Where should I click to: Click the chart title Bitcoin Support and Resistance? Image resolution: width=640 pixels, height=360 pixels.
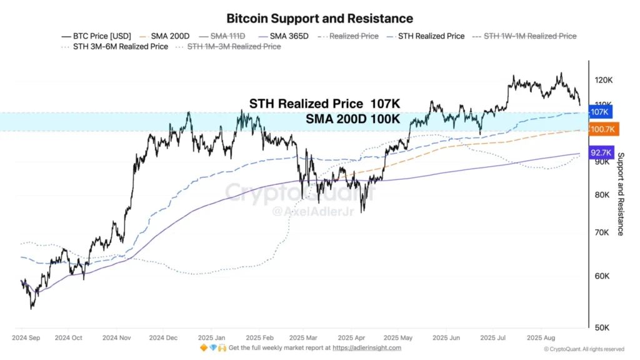click(319, 19)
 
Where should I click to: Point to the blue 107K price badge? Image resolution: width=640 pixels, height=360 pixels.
click(599, 112)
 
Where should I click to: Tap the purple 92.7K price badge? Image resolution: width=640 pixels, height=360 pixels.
click(602, 152)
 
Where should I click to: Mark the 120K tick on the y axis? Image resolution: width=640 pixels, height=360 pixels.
click(603, 80)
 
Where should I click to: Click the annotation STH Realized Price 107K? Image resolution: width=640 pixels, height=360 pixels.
click(324, 104)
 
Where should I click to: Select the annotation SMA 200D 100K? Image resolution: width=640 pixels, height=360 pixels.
click(352, 119)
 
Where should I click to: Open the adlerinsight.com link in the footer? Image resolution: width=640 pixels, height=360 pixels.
click(367, 348)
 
